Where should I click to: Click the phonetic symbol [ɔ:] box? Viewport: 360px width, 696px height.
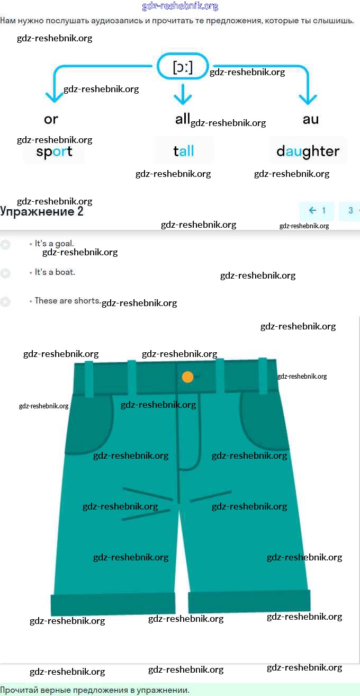(183, 67)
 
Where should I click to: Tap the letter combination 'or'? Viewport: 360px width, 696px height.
(51, 119)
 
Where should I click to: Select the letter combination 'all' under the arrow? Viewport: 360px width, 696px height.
(183, 119)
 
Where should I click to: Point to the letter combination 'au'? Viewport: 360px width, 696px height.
(311, 119)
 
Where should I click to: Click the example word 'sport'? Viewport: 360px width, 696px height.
(54, 152)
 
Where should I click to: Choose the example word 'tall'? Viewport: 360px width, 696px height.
(184, 151)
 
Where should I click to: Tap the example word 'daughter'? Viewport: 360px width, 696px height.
(308, 151)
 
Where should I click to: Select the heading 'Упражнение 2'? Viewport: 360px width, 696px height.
(42, 212)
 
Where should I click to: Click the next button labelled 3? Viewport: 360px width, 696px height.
(350, 211)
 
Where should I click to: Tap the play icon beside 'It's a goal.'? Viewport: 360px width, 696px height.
(5, 245)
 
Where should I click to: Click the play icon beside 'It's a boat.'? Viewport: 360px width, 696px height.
(5, 273)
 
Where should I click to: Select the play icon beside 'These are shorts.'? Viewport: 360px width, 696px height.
(5, 302)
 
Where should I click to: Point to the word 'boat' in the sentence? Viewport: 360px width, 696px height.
(66, 272)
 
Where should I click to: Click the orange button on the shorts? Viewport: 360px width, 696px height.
(187, 377)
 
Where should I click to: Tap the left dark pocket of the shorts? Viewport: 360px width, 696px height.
(90, 424)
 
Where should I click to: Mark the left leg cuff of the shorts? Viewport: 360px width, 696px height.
(113, 604)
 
